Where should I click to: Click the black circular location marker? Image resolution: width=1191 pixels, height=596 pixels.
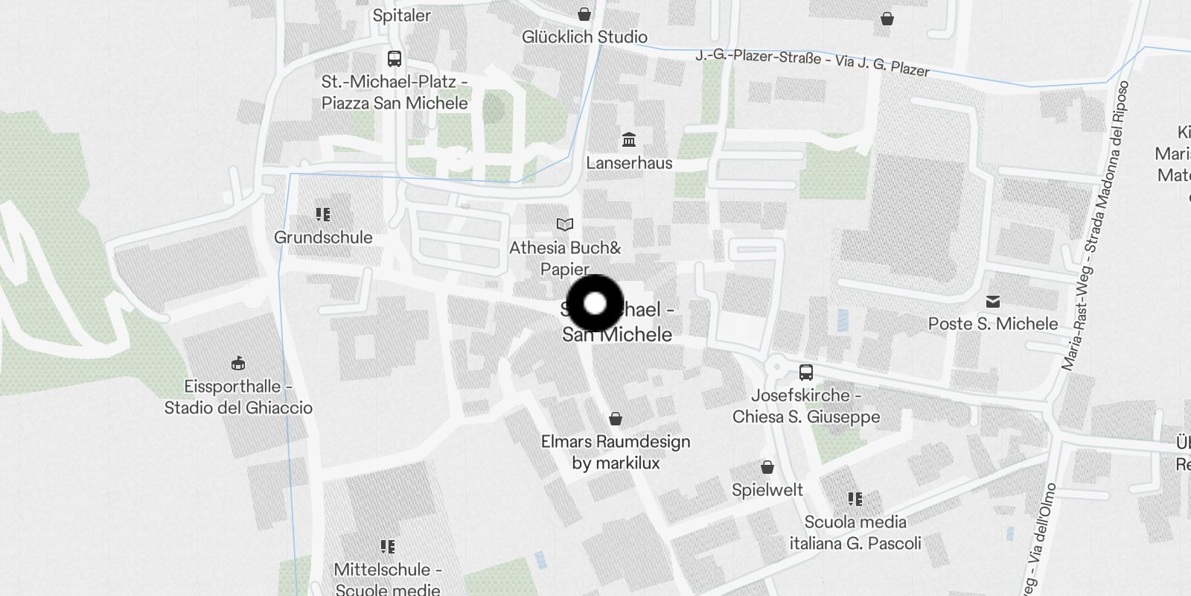click(595, 303)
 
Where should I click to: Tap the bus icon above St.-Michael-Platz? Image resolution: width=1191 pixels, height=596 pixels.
click(395, 58)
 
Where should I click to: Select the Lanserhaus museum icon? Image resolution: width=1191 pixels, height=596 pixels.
click(629, 140)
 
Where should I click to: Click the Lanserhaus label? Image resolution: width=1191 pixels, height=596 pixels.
click(629, 162)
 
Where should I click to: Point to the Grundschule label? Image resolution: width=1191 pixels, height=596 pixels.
click(323, 238)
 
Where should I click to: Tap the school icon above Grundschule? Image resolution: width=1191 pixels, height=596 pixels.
click(323, 215)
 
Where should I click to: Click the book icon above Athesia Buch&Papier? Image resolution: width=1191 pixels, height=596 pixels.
click(565, 224)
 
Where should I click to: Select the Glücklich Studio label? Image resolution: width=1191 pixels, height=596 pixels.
click(584, 37)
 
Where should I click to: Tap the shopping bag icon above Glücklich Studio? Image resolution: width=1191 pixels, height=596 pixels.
click(584, 14)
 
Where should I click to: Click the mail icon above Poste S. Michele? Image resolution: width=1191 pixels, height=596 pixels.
click(992, 302)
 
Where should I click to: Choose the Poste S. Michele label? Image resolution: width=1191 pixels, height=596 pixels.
click(993, 323)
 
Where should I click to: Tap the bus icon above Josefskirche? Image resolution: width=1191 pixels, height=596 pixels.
click(805, 372)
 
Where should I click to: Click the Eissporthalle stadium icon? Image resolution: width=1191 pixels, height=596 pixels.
click(238, 364)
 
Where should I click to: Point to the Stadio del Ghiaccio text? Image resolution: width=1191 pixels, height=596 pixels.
click(238, 408)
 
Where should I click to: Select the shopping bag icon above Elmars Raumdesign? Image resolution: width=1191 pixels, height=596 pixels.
click(616, 419)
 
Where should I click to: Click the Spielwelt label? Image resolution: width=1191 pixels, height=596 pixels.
click(767, 489)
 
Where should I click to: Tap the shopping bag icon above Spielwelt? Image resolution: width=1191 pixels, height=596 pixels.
click(767, 467)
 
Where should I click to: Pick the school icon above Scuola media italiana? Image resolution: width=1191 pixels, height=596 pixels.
click(855, 499)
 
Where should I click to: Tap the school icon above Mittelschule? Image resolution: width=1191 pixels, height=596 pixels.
click(387, 548)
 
